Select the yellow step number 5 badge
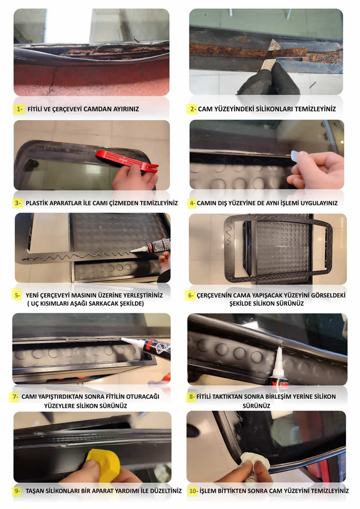pyautogui.click(x=17, y=295)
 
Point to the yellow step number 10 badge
pyautogui.click(x=193, y=491)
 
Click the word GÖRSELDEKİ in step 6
pyautogui.click(x=328, y=295)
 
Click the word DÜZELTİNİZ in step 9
pyautogui.click(x=164, y=491)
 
